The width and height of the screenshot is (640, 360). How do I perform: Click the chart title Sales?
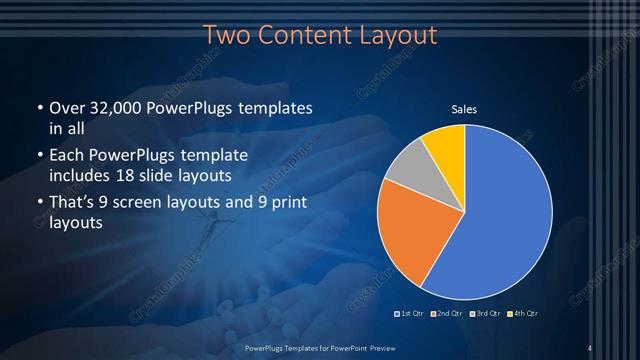464,109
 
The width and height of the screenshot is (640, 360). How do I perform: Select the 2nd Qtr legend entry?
447,315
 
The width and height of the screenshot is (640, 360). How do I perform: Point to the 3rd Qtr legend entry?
485,315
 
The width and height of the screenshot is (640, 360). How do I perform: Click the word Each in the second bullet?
67,156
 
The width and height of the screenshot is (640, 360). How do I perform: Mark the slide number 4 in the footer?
590,348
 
